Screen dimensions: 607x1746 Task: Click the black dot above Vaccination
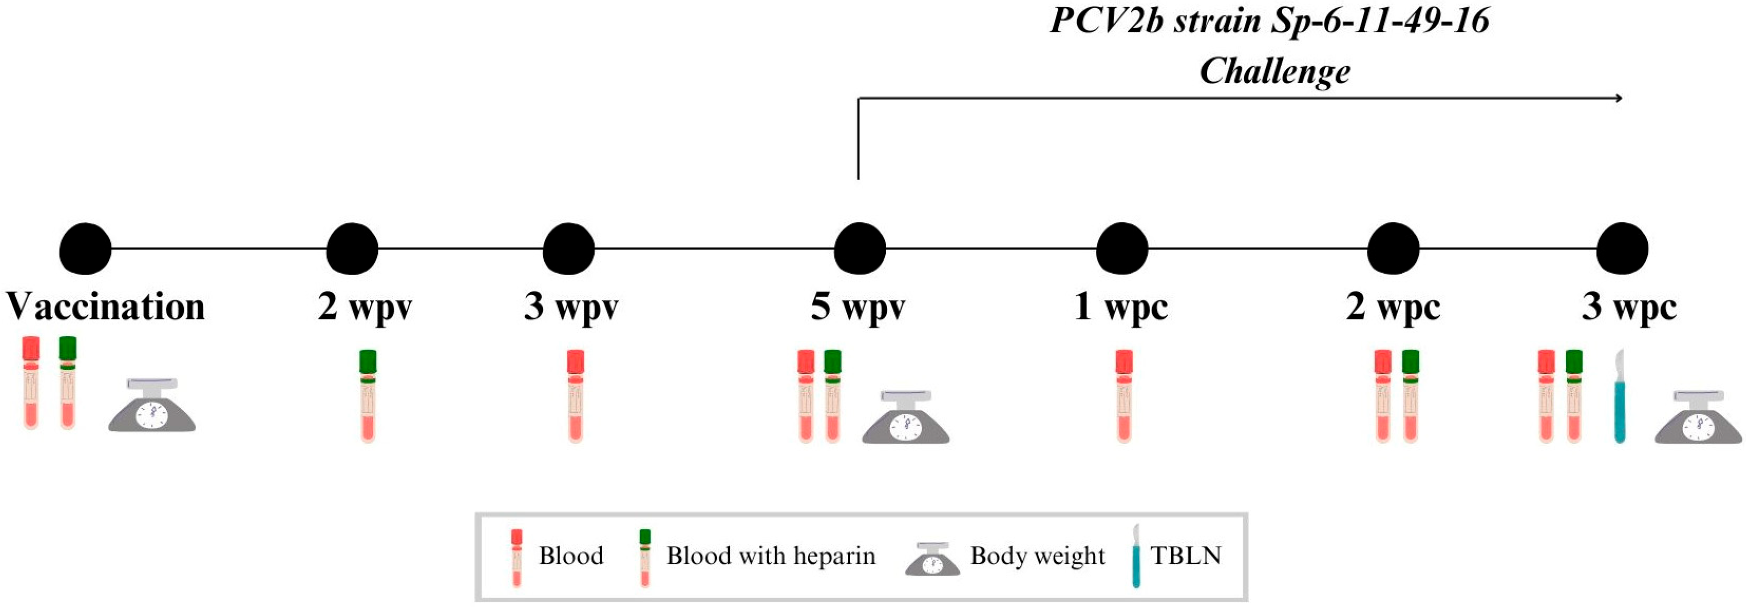point(85,249)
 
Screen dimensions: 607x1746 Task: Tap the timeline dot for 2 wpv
point(352,249)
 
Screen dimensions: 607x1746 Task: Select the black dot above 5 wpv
point(859,249)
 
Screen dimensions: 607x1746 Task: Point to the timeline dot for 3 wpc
point(1622,249)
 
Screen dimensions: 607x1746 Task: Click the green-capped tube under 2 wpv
point(367,396)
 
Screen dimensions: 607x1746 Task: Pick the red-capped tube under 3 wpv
point(576,396)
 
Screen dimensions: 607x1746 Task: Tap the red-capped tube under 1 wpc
point(1124,396)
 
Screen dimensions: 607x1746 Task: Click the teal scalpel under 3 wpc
point(1619,397)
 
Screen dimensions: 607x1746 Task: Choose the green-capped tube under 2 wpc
point(1411,396)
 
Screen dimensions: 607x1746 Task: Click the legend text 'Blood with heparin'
point(771,556)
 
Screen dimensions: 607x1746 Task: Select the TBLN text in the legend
point(1186,556)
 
